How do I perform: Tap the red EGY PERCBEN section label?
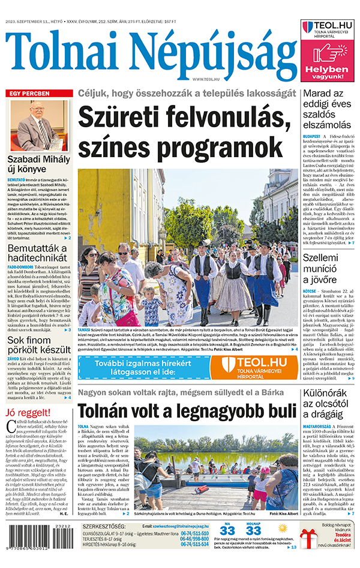coord(28,94)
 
